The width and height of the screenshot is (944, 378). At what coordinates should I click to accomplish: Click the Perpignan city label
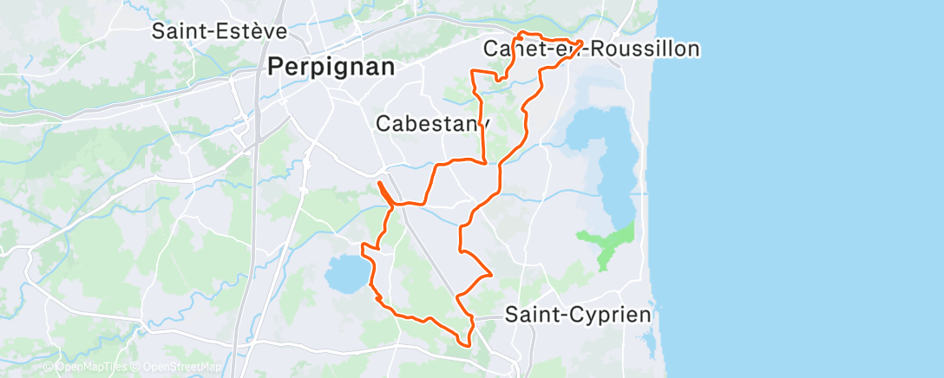click(331, 67)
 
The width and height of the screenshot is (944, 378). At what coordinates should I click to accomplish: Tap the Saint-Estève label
click(219, 31)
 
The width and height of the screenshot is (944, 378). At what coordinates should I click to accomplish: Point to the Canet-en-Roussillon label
click(592, 49)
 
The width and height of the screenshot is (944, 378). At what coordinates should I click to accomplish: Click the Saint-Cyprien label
click(578, 315)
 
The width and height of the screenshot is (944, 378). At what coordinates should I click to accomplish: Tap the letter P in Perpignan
click(276, 67)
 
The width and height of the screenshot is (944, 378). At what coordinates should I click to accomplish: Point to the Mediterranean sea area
click(798, 191)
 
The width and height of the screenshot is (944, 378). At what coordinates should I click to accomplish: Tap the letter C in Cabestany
click(383, 124)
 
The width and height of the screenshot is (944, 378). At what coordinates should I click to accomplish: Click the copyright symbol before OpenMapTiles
click(49, 368)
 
